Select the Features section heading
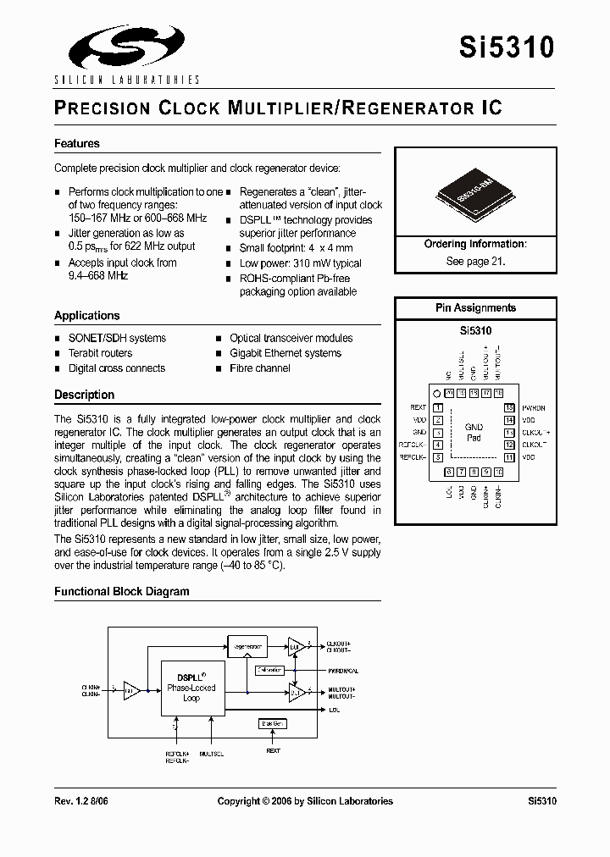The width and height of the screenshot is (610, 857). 77,144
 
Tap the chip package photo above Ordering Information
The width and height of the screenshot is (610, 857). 474,193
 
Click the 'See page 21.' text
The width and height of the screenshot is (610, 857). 475,262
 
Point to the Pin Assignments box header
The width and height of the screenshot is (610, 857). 475,308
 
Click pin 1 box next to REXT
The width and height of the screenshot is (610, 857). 438,407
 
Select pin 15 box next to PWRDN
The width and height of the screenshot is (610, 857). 509,407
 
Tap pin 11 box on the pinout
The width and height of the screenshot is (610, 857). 509,457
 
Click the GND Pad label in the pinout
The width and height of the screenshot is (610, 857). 474,433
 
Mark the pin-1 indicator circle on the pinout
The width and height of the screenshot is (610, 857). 436,393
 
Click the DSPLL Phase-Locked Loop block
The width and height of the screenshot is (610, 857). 191,688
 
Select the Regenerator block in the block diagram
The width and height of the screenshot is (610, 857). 247,646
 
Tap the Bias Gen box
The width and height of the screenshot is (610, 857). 272,723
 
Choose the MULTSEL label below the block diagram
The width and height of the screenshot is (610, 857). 212,751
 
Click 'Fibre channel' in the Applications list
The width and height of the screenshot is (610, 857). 260,368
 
